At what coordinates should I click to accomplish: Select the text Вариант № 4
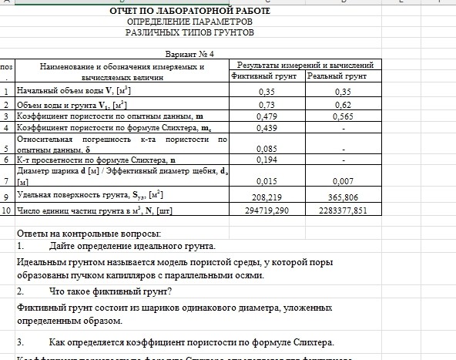(190, 54)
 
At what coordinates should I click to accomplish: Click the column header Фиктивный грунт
(267, 77)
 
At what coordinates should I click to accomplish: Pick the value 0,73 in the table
(267, 104)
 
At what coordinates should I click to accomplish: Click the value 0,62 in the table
(343, 104)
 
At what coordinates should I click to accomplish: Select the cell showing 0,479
(267, 116)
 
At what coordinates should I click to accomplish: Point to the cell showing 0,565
(343, 116)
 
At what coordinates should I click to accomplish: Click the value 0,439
(267, 127)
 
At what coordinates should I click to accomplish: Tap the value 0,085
(267, 149)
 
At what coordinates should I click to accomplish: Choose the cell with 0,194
(267, 160)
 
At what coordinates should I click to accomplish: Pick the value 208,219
(267, 197)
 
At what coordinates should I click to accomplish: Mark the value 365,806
(343, 197)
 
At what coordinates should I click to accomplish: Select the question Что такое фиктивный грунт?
(109, 291)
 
